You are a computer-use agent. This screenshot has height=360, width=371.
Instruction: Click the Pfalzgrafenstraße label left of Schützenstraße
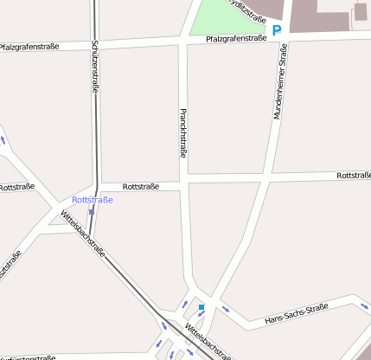[x=29, y=46]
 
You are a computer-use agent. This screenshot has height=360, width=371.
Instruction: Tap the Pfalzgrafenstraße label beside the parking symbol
[x=236, y=38]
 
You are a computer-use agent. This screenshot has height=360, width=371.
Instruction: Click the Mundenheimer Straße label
[x=279, y=83]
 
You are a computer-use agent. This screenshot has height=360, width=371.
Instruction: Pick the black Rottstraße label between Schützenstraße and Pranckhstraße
[x=141, y=186]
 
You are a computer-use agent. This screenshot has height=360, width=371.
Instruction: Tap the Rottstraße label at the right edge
[x=354, y=176]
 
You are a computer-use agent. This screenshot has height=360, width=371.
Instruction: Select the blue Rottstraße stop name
[x=93, y=200]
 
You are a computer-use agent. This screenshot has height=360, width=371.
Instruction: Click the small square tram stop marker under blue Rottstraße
[x=91, y=212]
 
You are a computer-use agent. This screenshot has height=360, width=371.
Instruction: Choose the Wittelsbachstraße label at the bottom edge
[x=208, y=341]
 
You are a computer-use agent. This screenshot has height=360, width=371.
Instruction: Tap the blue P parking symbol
[x=277, y=30]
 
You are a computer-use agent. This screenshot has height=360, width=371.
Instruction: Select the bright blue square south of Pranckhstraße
[x=201, y=307]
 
